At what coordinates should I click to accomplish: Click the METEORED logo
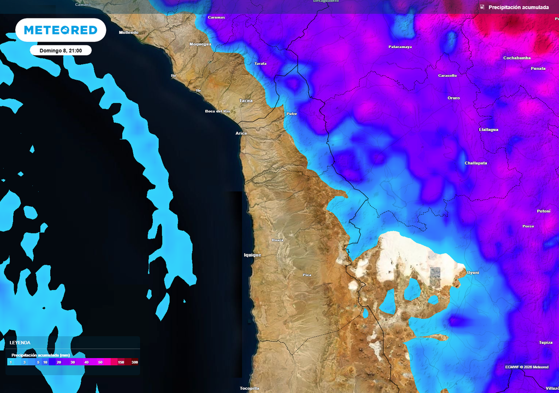tap(61, 30)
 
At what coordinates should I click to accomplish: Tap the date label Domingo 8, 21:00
tap(61, 50)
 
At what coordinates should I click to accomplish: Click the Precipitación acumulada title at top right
tap(518, 7)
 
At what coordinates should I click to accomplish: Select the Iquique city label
tap(252, 255)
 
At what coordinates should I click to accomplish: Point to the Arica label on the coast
tap(241, 133)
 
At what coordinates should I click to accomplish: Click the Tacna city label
tap(246, 100)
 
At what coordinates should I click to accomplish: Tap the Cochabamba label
tap(516, 58)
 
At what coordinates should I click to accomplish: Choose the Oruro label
tap(454, 98)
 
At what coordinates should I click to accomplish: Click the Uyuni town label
tap(473, 272)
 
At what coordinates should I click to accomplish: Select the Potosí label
tap(543, 211)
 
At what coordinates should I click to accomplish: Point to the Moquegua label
tap(200, 44)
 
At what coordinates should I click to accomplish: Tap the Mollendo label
tap(129, 32)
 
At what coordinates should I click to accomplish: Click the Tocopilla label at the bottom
tap(249, 388)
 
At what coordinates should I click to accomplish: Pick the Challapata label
tap(475, 163)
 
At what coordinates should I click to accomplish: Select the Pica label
tap(307, 275)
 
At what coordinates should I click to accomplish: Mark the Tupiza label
tap(545, 342)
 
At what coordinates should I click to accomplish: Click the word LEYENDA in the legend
tap(20, 343)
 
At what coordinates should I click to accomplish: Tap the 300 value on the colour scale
tap(134, 362)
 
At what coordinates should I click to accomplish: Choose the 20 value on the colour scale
tap(58, 362)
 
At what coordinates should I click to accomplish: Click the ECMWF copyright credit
tap(527, 367)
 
